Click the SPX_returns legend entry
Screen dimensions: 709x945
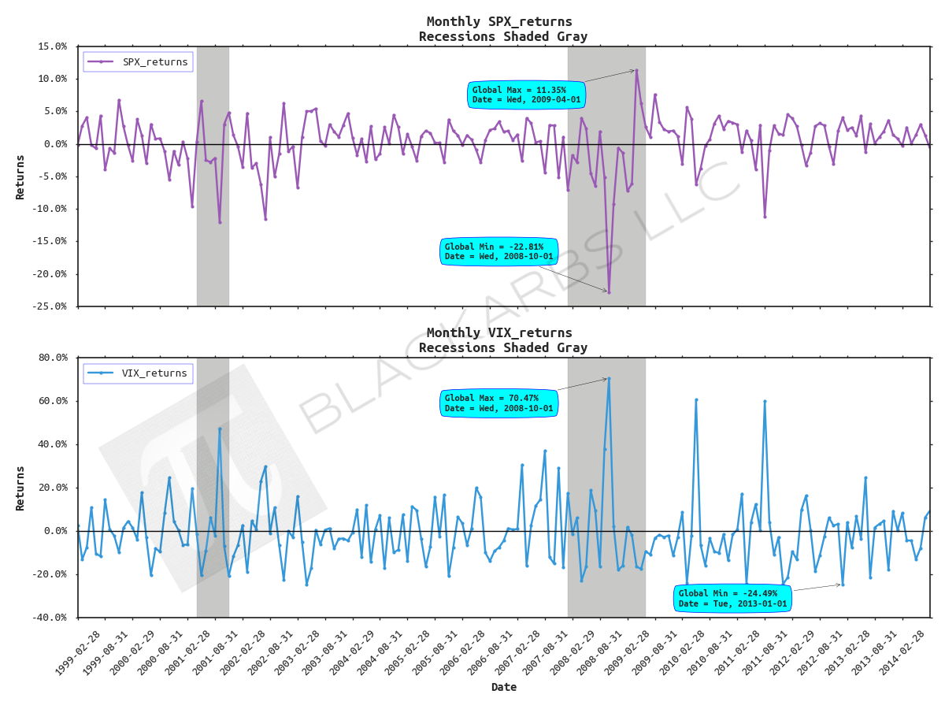(x=139, y=61)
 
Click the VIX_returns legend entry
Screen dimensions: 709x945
(x=139, y=373)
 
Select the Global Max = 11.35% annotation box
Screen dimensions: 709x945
(x=526, y=95)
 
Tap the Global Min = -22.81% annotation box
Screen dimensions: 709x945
(x=499, y=251)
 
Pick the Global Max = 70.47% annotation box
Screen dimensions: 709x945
(x=499, y=403)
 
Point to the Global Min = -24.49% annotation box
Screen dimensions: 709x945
(x=732, y=598)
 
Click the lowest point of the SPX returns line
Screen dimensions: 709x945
(x=609, y=292)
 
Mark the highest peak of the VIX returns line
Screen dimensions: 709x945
(x=609, y=378)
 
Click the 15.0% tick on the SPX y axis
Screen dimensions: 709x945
(x=52, y=46)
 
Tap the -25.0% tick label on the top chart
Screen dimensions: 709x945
(x=50, y=306)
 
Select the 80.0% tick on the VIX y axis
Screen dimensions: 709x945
(x=52, y=358)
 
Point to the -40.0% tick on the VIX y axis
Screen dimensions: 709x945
(x=50, y=618)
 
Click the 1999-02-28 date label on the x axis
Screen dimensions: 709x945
(x=79, y=653)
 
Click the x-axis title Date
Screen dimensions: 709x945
(x=504, y=687)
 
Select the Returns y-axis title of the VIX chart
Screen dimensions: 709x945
(x=20, y=488)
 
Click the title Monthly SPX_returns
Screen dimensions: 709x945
(x=499, y=21)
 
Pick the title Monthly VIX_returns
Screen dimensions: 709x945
(x=499, y=332)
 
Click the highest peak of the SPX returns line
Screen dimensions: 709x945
(x=636, y=70)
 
